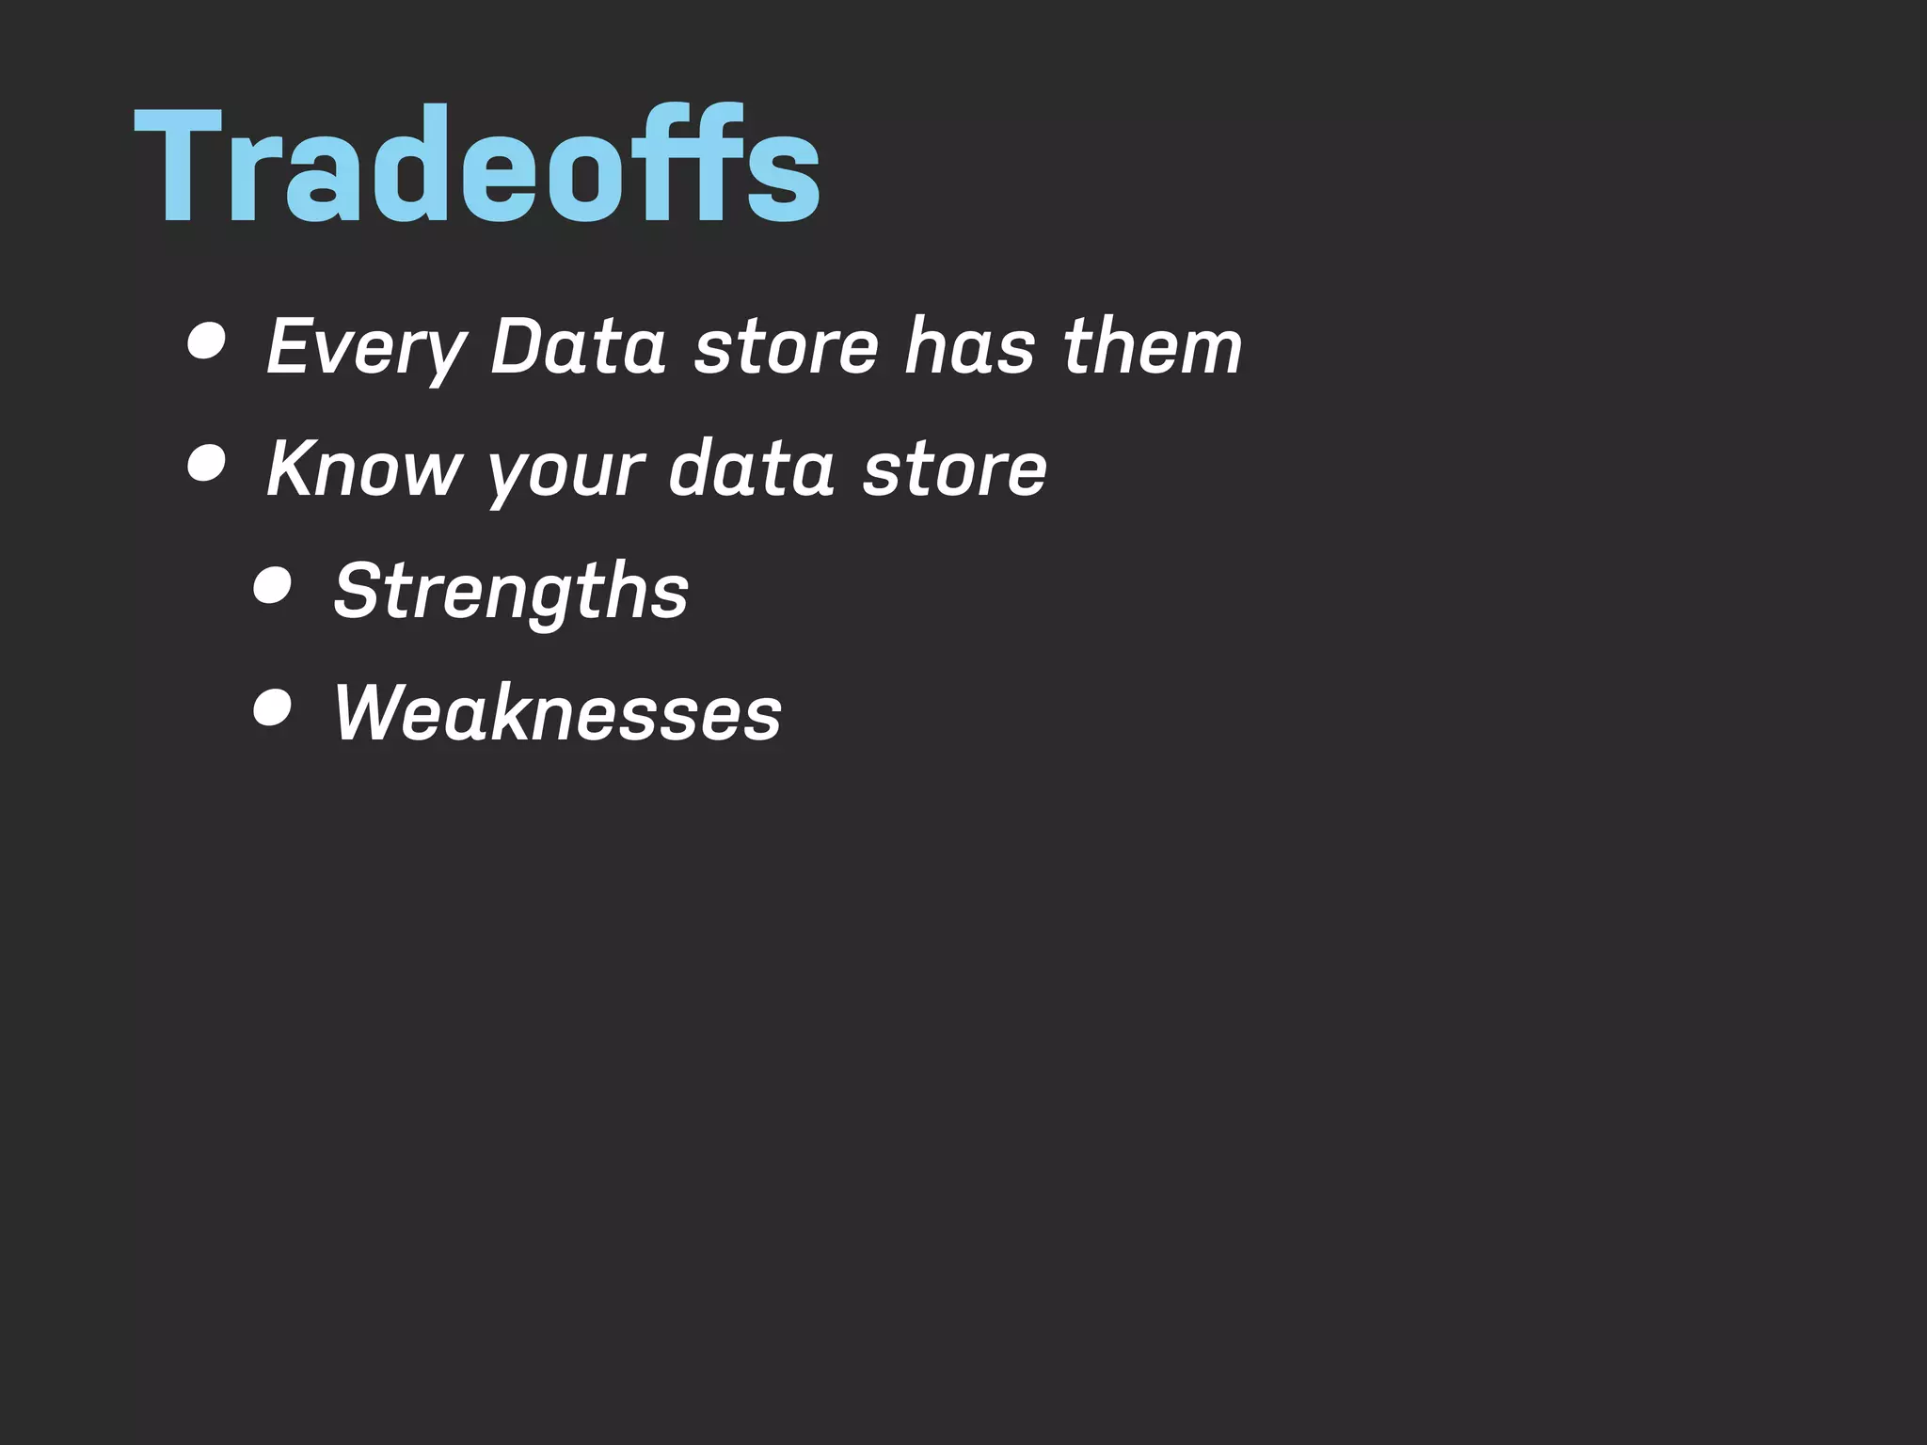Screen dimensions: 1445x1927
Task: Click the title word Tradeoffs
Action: [x=477, y=167]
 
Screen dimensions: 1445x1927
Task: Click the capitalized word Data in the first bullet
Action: [x=579, y=346]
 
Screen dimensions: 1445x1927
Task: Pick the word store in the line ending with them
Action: [x=787, y=346]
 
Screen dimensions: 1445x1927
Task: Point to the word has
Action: [x=970, y=346]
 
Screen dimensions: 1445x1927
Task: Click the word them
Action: [x=1153, y=346]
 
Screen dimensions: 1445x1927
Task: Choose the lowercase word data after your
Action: [x=751, y=468]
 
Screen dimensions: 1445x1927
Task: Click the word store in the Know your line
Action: [x=954, y=468]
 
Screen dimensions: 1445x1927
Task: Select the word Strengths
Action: [x=511, y=591]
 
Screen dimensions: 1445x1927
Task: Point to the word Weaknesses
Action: [x=557, y=712]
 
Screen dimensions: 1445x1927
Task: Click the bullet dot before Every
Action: [x=206, y=341]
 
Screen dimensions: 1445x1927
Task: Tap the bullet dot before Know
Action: [x=206, y=463]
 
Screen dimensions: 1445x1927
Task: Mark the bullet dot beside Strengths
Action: [x=273, y=585]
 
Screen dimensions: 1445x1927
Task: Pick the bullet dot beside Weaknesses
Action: [x=273, y=707]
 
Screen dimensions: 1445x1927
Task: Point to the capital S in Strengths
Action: [x=358, y=590]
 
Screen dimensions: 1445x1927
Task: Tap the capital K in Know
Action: [x=293, y=468]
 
